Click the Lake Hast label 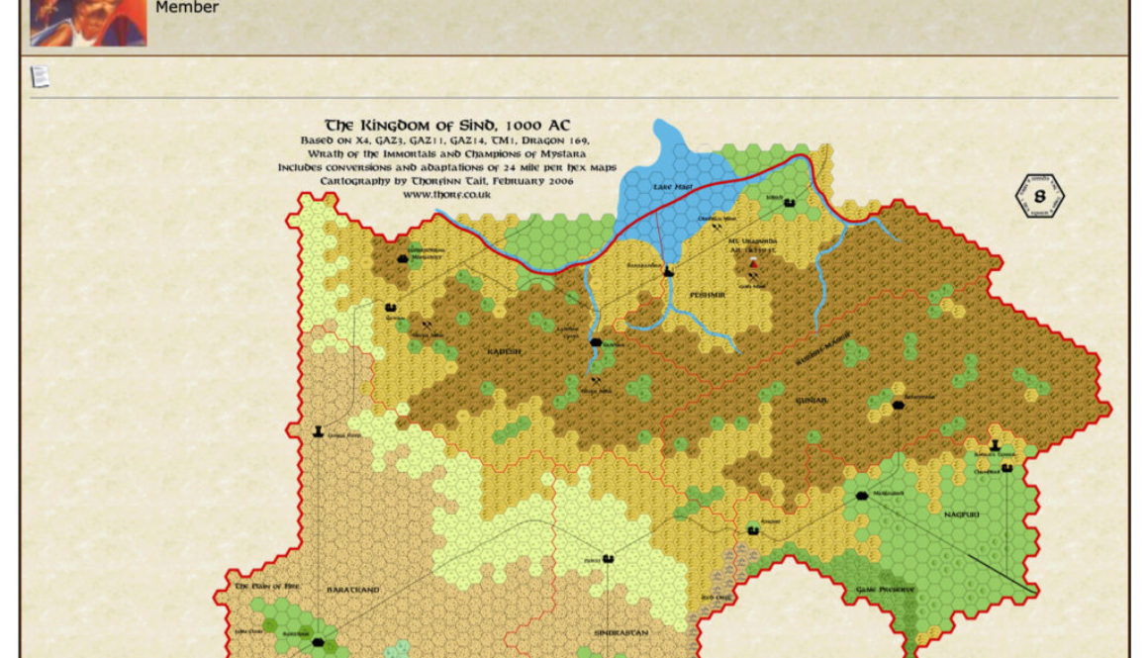670,186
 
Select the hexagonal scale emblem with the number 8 1040,196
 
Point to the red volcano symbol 753,264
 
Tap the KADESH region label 503,351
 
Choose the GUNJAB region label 812,400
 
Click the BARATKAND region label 353,590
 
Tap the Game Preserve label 886,589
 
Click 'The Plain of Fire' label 266,586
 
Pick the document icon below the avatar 40,76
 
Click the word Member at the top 187,8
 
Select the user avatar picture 88,23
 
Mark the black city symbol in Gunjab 898,405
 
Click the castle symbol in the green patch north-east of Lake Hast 790,203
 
